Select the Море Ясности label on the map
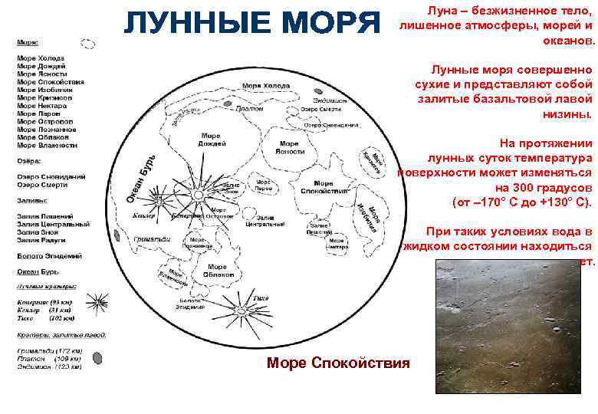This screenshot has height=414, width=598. (288, 148)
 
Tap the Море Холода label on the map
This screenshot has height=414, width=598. (266, 85)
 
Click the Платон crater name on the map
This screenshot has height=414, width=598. (249, 109)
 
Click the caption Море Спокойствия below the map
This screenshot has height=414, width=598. (338, 363)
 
